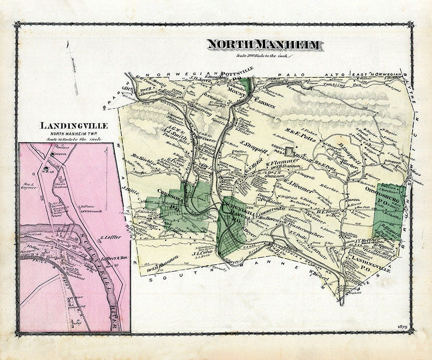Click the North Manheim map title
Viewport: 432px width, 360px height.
[x=264, y=45]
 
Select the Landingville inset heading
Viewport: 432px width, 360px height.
[x=74, y=126]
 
